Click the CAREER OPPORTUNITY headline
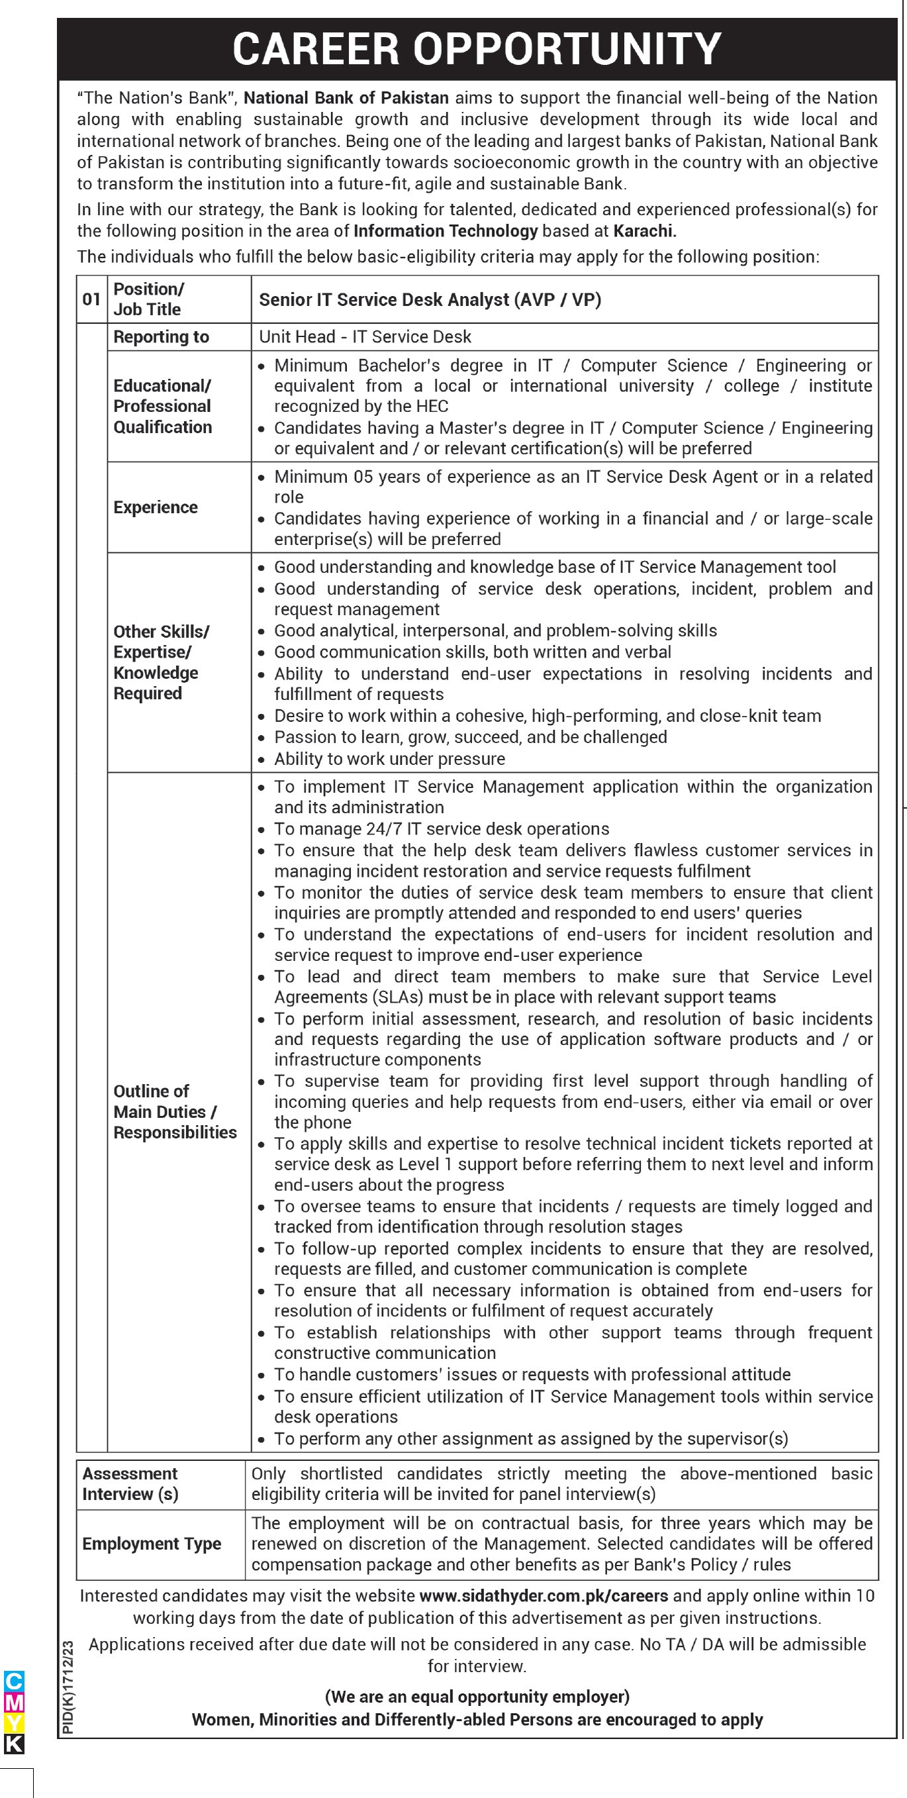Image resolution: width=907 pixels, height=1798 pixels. point(477,49)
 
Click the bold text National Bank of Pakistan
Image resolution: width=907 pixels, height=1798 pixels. point(346,98)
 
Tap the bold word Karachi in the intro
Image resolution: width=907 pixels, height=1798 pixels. point(645,231)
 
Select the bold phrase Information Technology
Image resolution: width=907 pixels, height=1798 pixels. point(445,231)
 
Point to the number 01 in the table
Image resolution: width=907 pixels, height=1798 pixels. point(91,299)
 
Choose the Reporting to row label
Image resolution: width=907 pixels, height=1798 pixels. point(161,337)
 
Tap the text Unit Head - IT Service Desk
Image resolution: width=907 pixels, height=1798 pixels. point(365,337)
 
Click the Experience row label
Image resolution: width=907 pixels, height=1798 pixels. point(156,507)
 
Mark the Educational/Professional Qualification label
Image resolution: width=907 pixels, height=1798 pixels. point(163,406)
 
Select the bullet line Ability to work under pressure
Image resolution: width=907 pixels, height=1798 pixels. point(389,759)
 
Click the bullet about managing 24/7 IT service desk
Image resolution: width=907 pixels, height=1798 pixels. point(442,828)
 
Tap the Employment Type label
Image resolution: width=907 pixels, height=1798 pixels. point(152,1544)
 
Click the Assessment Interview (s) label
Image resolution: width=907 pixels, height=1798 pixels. point(130,1484)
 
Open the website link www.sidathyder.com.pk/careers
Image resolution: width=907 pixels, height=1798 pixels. point(544,1595)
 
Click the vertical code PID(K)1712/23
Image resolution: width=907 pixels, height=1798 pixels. point(68,1687)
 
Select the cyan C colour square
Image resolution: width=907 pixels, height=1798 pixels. point(14,1681)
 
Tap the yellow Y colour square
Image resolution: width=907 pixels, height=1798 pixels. point(14,1723)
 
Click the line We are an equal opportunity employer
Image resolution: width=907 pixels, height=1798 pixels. point(477,1697)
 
